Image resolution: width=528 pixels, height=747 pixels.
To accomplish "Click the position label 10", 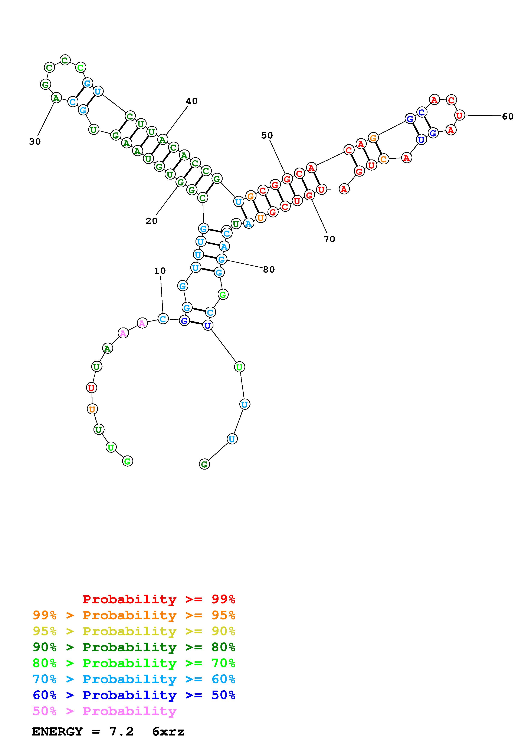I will [160, 271].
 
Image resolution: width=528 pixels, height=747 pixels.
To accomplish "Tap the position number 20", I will [151, 221].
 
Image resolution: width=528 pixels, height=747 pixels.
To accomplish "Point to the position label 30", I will [35, 142].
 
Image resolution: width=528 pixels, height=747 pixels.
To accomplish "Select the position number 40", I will [192, 101].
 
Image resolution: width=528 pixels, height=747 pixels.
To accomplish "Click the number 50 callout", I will [267, 135].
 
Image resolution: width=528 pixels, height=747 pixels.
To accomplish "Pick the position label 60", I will [508, 116].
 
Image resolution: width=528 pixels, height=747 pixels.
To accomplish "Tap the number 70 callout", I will [329, 239].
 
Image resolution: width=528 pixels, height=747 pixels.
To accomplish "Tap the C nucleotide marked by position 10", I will [163, 319].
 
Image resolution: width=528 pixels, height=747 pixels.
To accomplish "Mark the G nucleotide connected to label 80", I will [222, 260].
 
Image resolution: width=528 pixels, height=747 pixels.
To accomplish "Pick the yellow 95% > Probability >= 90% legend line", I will [134, 631].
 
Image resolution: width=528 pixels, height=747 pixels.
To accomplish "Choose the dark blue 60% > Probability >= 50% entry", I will [134, 695].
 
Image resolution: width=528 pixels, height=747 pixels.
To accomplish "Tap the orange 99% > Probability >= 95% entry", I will [134, 615].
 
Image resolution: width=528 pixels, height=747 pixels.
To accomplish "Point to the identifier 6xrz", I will [168, 732].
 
